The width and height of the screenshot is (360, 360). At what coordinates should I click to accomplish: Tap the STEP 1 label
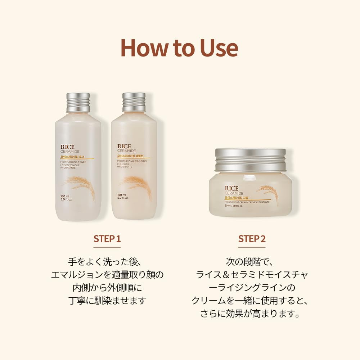click(x=107, y=239)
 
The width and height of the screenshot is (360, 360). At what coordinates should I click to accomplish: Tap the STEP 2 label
click(x=252, y=239)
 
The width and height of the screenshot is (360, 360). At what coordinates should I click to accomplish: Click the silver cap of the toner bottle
click(x=78, y=102)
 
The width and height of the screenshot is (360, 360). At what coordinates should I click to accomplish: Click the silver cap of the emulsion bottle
click(x=134, y=102)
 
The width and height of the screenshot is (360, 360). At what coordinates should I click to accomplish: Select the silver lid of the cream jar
click(x=250, y=160)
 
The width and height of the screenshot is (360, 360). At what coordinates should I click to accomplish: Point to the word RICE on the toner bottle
click(x=68, y=147)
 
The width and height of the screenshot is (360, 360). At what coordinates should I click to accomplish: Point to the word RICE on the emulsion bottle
click(x=125, y=147)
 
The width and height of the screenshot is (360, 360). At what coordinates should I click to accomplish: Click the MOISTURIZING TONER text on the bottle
click(x=73, y=162)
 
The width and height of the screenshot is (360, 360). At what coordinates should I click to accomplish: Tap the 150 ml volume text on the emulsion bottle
click(x=121, y=195)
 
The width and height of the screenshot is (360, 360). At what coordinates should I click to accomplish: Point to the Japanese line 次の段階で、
click(x=252, y=261)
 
